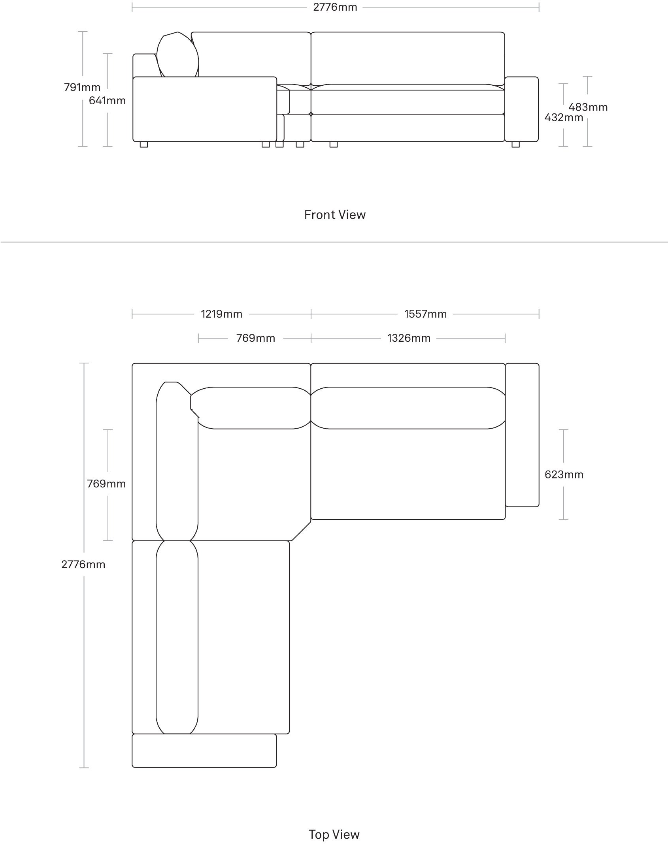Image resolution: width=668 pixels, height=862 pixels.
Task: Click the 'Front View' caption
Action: pos(335,215)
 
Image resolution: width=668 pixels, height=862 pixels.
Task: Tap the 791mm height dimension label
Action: pos(82,87)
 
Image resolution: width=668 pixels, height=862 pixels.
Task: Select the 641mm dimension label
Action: pos(107,101)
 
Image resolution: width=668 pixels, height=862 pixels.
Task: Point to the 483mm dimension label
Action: pos(588,107)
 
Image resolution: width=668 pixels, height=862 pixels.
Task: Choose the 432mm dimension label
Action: pos(564,117)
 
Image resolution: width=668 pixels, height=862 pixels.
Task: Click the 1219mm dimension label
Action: pos(222,314)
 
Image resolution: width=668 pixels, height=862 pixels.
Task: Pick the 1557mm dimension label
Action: pos(425,314)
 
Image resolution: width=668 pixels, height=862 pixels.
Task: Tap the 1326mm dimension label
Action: pos(409,338)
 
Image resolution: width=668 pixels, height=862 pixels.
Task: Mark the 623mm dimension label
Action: pos(564,474)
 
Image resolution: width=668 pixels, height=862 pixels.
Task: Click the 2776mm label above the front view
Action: pos(335,7)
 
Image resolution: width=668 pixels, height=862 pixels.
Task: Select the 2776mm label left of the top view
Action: pos(83,565)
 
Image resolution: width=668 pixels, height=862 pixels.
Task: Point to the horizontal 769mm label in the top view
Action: pos(256,338)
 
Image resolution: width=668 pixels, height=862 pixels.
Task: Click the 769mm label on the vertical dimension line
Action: pos(106,484)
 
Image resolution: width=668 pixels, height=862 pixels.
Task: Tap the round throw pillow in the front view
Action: pos(177,55)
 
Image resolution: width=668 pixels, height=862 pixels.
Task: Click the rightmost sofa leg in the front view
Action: pos(515,144)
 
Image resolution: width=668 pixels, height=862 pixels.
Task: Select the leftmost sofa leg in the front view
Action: pos(144,144)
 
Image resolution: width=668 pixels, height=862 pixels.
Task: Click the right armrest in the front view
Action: pos(521,109)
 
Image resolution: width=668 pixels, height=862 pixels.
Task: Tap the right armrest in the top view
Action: pos(522,435)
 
